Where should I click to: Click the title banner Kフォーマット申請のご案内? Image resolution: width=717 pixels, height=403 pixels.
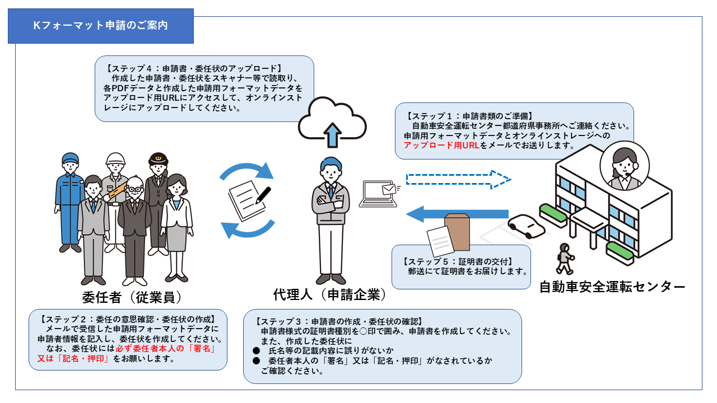coord(100,26)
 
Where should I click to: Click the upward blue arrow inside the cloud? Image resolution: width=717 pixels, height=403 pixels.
coord(332,135)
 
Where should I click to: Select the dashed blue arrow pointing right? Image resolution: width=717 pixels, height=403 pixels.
coord(458,180)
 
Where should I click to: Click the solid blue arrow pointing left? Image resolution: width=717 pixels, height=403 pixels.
coord(457,214)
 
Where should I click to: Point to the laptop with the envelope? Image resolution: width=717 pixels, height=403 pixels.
coord(380,194)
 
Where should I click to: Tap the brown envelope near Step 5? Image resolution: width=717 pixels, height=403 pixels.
coord(458,232)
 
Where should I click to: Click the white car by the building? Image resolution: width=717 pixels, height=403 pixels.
coord(526,227)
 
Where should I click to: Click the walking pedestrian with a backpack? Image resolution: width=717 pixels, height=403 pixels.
coord(565,259)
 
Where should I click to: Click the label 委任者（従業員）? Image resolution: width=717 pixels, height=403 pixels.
coord(132,297)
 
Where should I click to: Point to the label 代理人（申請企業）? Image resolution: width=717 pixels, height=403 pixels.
coord(329,294)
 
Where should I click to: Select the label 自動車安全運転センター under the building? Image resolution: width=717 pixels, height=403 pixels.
coord(612,287)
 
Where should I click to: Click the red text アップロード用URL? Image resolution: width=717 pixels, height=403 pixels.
coord(442,146)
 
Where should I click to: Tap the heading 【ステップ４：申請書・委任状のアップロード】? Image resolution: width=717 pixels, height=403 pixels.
coord(193,68)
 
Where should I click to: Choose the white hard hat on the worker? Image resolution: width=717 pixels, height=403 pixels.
coord(115,158)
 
